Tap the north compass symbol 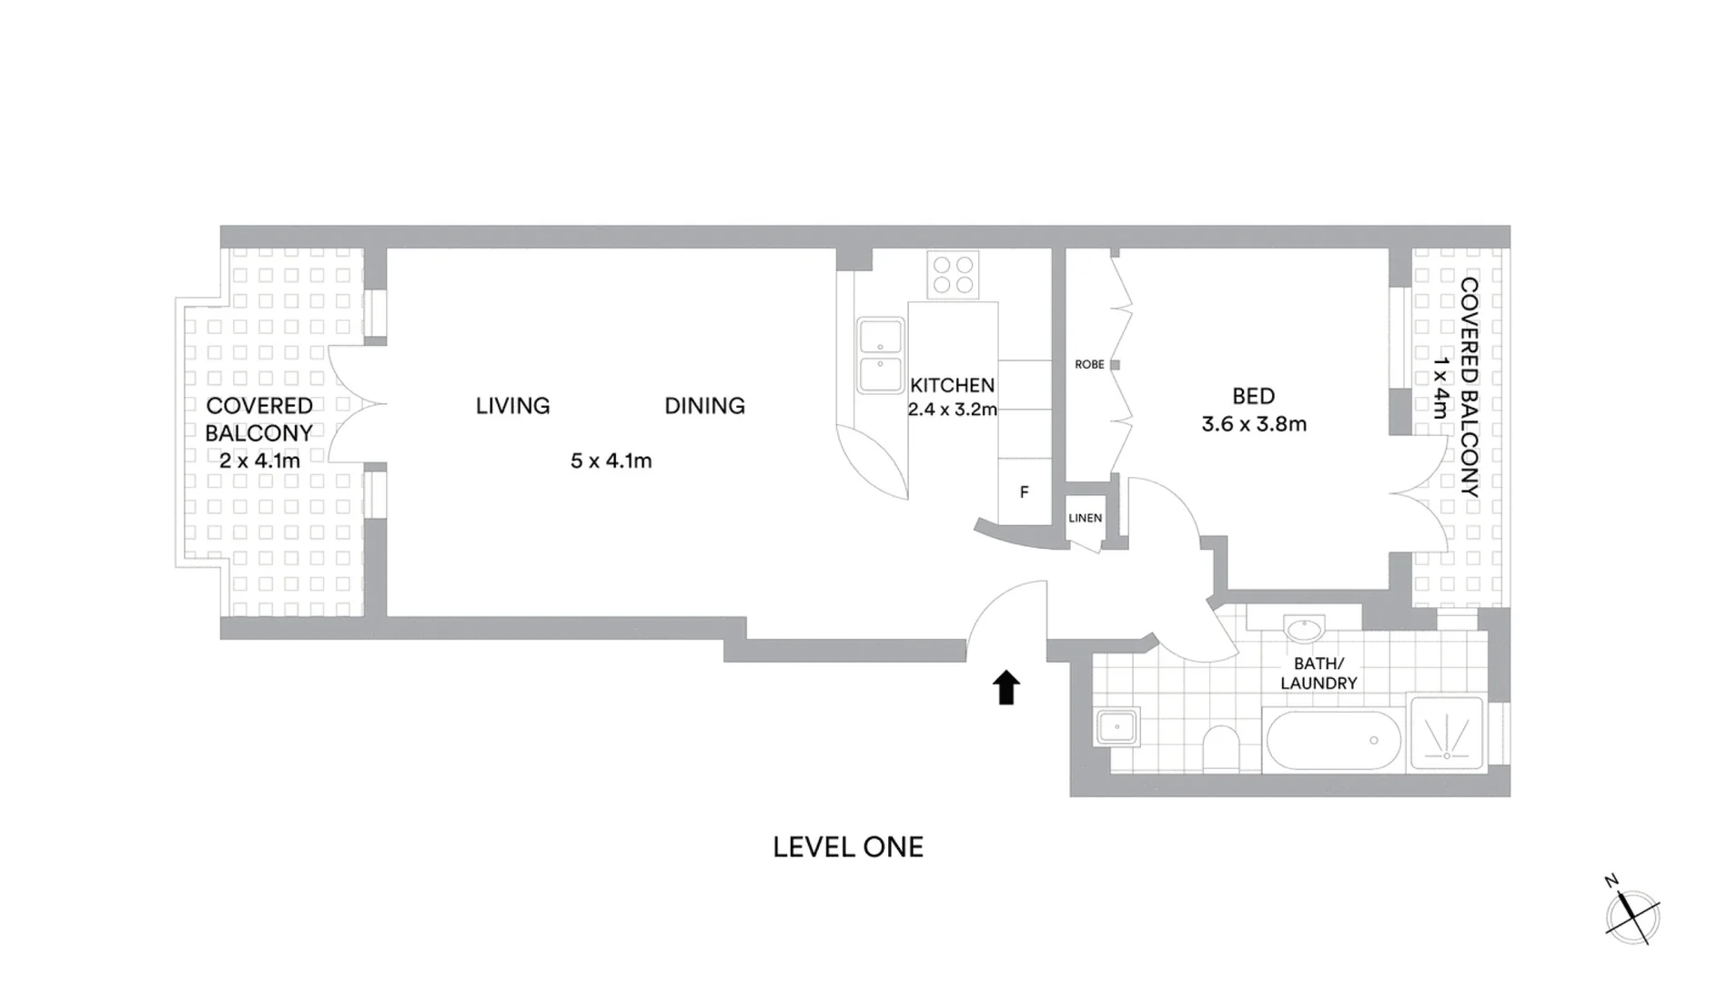[x=1632, y=915]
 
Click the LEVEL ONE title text [x=848, y=847]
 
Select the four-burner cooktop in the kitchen [x=953, y=275]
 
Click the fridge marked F [x=1025, y=492]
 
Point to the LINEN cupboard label [x=1085, y=518]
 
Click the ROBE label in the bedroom [x=1089, y=364]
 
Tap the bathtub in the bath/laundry [x=1332, y=740]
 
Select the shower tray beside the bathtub [x=1446, y=734]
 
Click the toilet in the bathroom [x=1220, y=748]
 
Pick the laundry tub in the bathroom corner [x=1116, y=727]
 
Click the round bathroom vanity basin [x=1304, y=629]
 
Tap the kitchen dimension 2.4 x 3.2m [x=952, y=410]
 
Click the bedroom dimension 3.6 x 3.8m [x=1254, y=424]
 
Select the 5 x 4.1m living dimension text [x=611, y=461]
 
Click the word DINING [x=704, y=406]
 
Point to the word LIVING [x=512, y=406]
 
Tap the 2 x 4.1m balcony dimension [x=259, y=461]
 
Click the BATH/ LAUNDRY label [x=1318, y=674]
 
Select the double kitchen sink [x=880, y=355]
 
